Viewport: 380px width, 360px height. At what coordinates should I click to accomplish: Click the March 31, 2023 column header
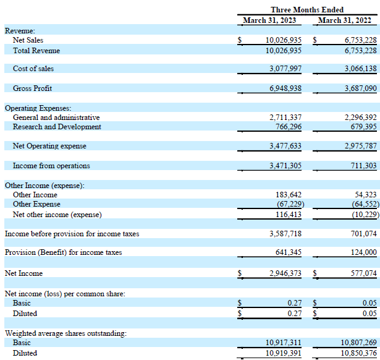[269, 20]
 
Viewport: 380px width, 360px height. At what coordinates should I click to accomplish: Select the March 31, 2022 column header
[345, 20]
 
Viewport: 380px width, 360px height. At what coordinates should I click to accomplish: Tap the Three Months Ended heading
[307, 10]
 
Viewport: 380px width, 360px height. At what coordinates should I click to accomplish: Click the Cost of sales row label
[33, 69]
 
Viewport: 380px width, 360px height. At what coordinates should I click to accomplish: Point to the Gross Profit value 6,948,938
[285, 88]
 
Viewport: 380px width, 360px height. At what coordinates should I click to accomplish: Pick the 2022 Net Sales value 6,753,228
[361, 40]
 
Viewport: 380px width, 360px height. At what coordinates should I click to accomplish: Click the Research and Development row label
[57, 127]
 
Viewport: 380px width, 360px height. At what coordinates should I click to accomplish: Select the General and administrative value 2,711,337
[285, 118]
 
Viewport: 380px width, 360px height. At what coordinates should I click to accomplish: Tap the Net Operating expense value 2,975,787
[361, 146]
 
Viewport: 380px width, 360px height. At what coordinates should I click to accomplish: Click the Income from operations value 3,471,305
[285, 166]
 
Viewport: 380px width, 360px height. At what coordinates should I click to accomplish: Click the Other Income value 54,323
[366, 195]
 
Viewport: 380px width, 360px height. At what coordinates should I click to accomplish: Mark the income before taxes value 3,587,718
[285, 234]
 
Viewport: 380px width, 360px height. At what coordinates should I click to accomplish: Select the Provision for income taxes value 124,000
[364, 252]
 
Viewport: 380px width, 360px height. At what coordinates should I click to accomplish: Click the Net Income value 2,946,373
[285, 273]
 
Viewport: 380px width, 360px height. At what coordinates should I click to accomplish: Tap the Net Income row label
[23, 273]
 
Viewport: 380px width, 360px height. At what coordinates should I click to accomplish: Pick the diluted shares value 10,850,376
[358, 353]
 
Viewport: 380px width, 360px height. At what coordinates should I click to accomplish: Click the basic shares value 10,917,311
[284, 343]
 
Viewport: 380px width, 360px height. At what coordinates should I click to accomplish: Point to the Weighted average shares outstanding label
[65, 333]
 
